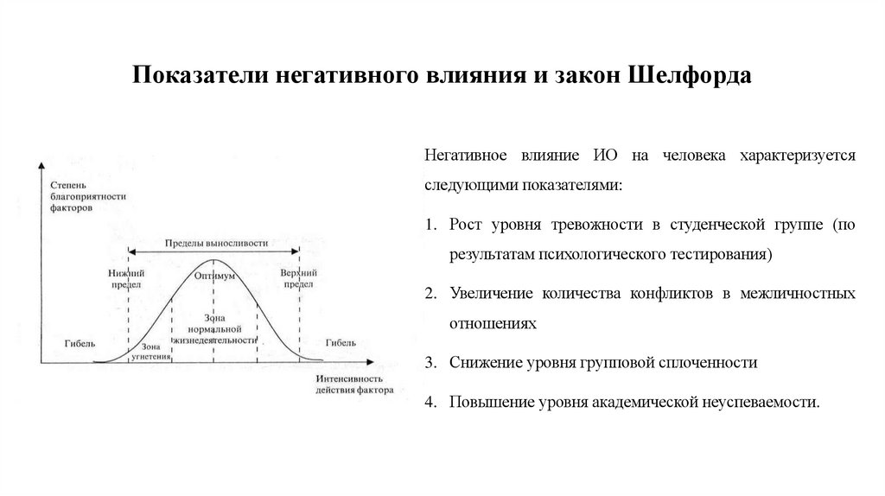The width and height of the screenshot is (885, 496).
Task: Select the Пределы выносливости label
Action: pos(214,245)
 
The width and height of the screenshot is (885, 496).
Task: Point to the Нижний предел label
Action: pos(124,277)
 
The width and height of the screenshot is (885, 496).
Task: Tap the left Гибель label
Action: pos(79,342)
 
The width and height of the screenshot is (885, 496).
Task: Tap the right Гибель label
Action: pos(341,342)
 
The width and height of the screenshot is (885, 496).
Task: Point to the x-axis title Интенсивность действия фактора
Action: pos(349,384)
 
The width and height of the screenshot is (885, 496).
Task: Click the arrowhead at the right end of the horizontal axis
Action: pos(369,360)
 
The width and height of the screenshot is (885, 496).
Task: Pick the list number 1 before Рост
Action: pos(430,226)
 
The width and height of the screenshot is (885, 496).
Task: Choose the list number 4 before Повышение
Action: pos(430,403)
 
